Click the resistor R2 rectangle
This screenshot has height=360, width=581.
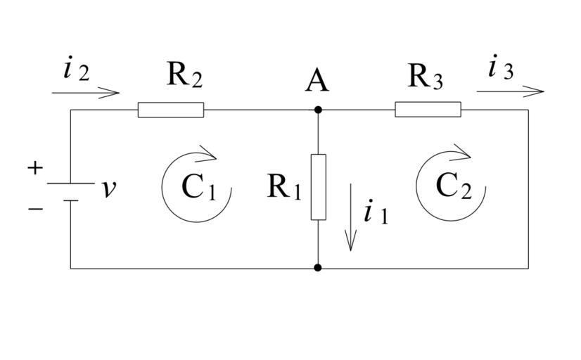(171, 110)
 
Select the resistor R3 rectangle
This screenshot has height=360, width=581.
(428, 110)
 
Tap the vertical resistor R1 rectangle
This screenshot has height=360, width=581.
(319, 187)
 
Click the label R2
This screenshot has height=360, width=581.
(184, 75)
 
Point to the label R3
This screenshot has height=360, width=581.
(426, 76)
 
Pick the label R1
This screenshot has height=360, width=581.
(284, 187)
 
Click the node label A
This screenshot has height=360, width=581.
(317, 82)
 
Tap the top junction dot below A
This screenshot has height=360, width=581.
(319, 110)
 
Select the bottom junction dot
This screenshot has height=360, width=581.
(319, 268)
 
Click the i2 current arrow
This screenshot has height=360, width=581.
(86, 92)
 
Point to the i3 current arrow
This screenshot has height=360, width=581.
(510, 91)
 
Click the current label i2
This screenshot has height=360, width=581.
(76, 70)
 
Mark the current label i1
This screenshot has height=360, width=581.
(376, 212)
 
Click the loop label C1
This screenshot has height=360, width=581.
(198, 188)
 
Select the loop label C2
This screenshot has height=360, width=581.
(452, 186)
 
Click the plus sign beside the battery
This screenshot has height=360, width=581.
(35, 167)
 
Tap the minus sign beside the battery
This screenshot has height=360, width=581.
(35, 209)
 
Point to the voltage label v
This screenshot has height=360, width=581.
(108, 188)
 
